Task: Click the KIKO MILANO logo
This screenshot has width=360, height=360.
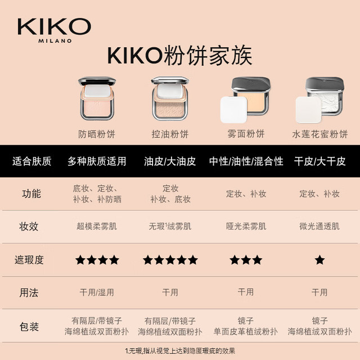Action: pos(55,30)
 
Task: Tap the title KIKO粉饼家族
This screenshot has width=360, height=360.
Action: pos(180,56)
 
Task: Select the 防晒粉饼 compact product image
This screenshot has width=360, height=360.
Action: pos(97,98)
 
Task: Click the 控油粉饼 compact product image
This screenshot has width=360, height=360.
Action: pos(170,98)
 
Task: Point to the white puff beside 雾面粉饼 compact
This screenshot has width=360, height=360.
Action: pos(234,110)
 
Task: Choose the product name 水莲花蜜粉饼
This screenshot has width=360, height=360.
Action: pos(320,134)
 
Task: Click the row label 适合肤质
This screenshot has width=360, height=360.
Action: pos(31,161)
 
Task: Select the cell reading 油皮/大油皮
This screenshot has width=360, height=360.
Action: pos(170,161)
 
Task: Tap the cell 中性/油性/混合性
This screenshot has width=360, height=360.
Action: pos(246,161)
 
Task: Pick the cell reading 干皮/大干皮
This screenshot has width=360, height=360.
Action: pos(320,161)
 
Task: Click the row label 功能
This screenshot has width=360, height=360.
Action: pos(31,193)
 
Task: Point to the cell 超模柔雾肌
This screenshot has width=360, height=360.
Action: pos(97,226)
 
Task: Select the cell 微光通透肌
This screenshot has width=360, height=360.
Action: pos(319,226)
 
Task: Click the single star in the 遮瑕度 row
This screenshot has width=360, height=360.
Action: pos(319,260)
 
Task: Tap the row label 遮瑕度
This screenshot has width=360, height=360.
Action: pos(29,260)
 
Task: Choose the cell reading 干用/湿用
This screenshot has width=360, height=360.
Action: pos(97,292)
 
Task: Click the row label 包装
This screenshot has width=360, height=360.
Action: pos(29,326)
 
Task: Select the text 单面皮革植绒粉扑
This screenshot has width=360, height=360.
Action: pos(246,331)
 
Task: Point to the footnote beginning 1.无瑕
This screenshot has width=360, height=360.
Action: pos(180,351)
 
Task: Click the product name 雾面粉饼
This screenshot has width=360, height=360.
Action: pos(246,134)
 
